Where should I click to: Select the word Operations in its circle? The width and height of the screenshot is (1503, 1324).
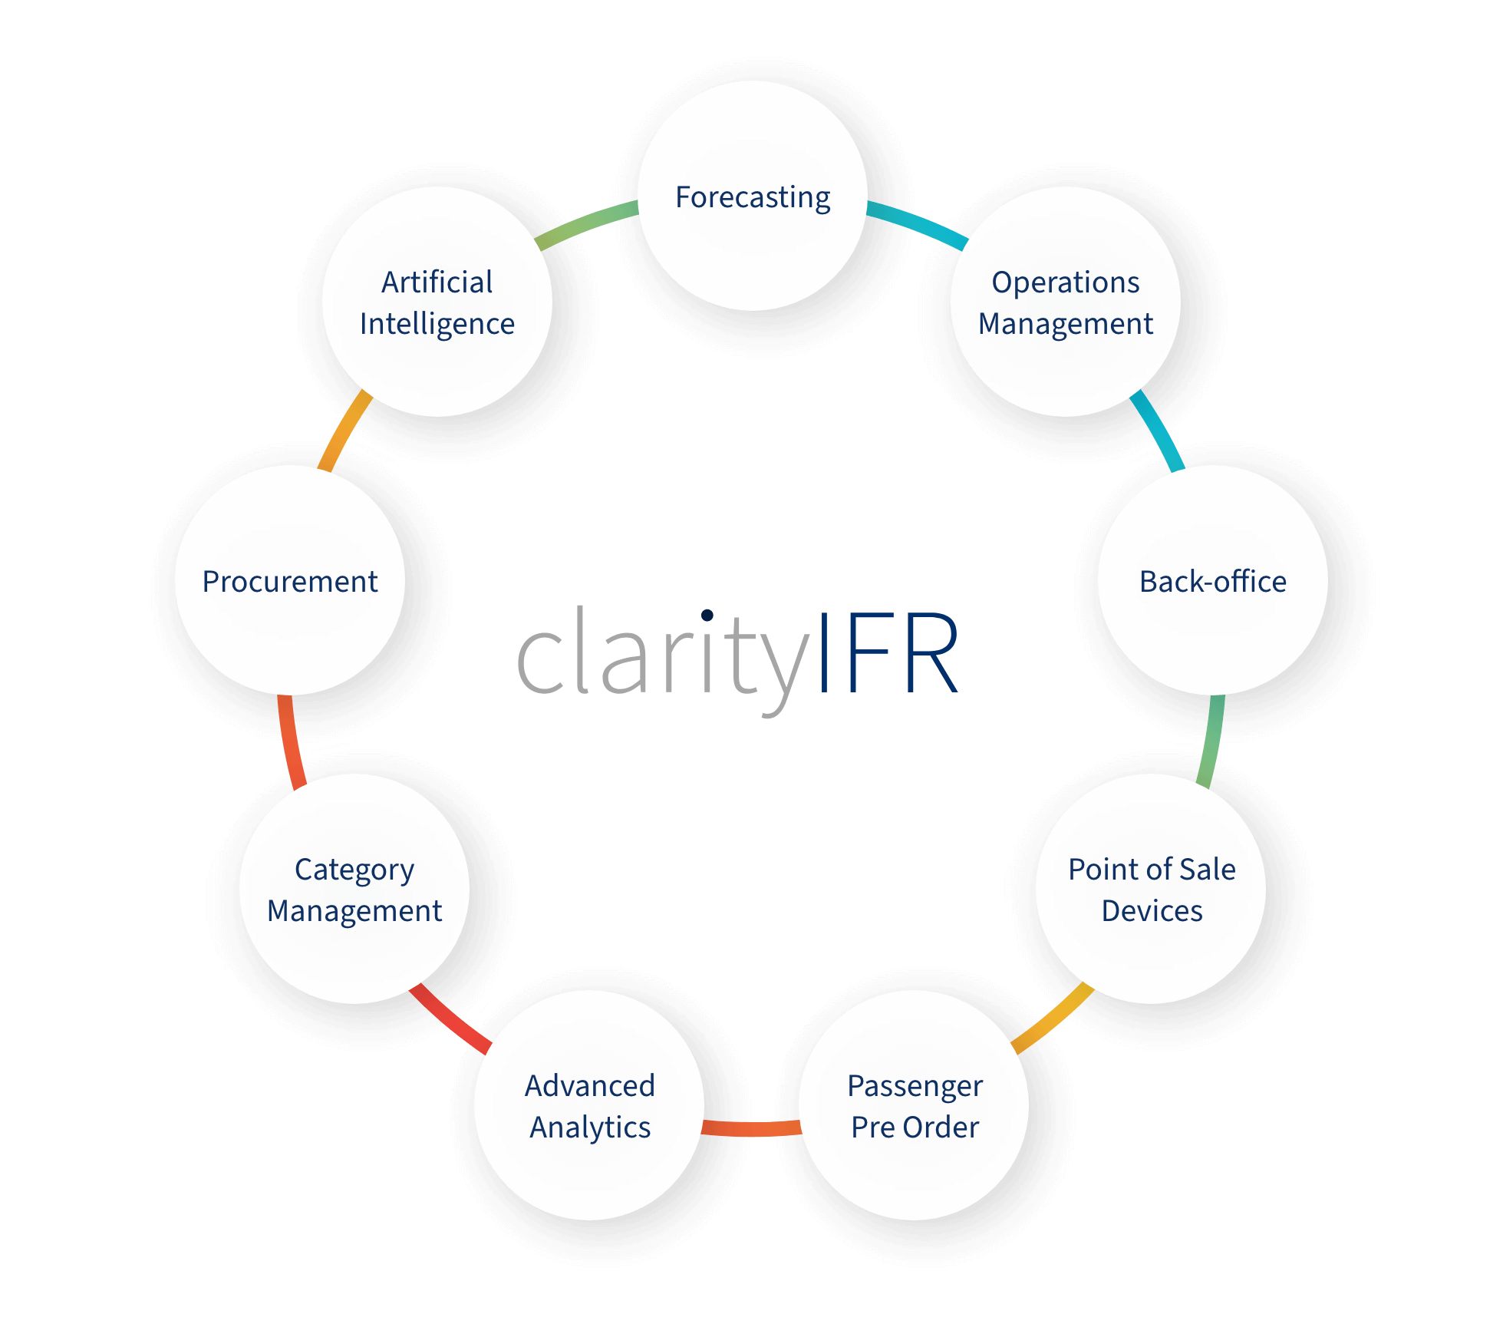[x=1065, y=282]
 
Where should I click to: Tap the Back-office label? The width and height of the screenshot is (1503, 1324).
[x=1212, y=582]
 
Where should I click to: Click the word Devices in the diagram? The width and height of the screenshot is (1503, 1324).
[x=1152, y=911]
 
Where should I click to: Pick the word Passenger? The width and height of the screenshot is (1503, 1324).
[x=915, y=1086]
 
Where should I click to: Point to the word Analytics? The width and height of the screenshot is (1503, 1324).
[x=590, y=1128]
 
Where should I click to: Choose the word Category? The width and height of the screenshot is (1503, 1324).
[x=354, y=870]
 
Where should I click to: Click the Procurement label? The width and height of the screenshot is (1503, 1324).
[x=290, y=582]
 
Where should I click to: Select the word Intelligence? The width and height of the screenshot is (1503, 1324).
[x=437, y=324]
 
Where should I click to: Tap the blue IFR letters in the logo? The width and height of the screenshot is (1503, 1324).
[x=890, y=652]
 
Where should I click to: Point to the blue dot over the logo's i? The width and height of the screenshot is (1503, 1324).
[x=707, y=615]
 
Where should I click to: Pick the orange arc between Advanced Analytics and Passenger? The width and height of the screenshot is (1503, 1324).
[x=752, y=1128]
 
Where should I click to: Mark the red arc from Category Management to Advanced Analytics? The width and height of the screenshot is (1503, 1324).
[x=450, y=1019]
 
